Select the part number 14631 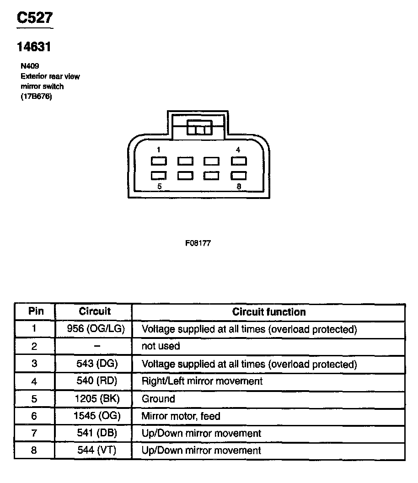click(33, 47)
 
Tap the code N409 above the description click(29, 66)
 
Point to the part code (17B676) click(36, 96)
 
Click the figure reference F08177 click(198, 243)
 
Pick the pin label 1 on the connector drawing click(158, 150)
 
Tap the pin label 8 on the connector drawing click(239, 186)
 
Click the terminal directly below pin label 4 click(239, 161)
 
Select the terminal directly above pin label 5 click(159, 176)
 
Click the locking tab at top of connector click(199, 129)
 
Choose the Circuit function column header click(268, 312)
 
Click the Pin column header click(36, 311)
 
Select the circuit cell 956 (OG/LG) click(96, 329)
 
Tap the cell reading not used click(161, 346)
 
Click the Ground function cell click(158, 399)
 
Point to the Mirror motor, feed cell click(181, 416)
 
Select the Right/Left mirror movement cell click(202, 381)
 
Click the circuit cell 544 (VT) click(96, 451)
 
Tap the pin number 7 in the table click(34, 434)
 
